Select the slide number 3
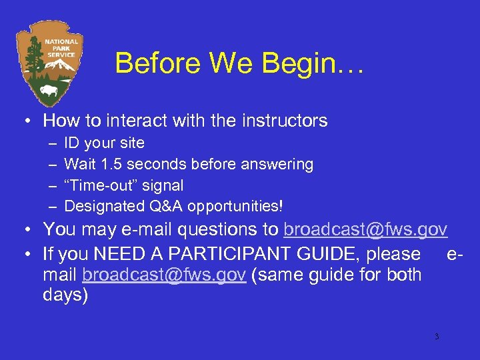pyautogui.click(x=436, y=337)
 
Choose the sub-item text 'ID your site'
pyautogui.click(x=104, y=143)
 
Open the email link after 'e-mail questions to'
pyautogui.click(x=365, y=230)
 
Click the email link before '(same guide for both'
pyautogui.click(x=165, y=275)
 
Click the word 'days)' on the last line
pyautogui.click(x=65, y=295)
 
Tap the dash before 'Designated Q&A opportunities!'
pyautogui.click(x=53, y=207)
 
